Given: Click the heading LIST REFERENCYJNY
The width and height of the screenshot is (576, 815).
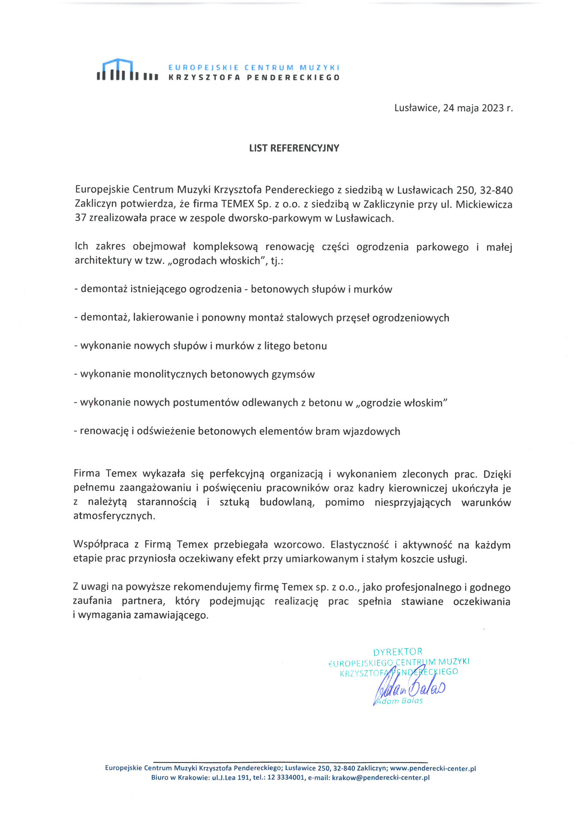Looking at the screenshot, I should [x=294, y=148].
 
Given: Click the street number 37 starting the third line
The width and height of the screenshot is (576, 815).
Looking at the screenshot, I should [x=80, y=218].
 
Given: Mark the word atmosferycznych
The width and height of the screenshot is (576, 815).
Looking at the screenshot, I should [x=114, y=516].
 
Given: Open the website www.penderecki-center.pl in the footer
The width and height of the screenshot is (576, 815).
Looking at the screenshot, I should [x=433, y=768].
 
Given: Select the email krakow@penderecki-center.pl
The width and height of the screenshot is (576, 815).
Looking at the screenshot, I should [x=381, y=777].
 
